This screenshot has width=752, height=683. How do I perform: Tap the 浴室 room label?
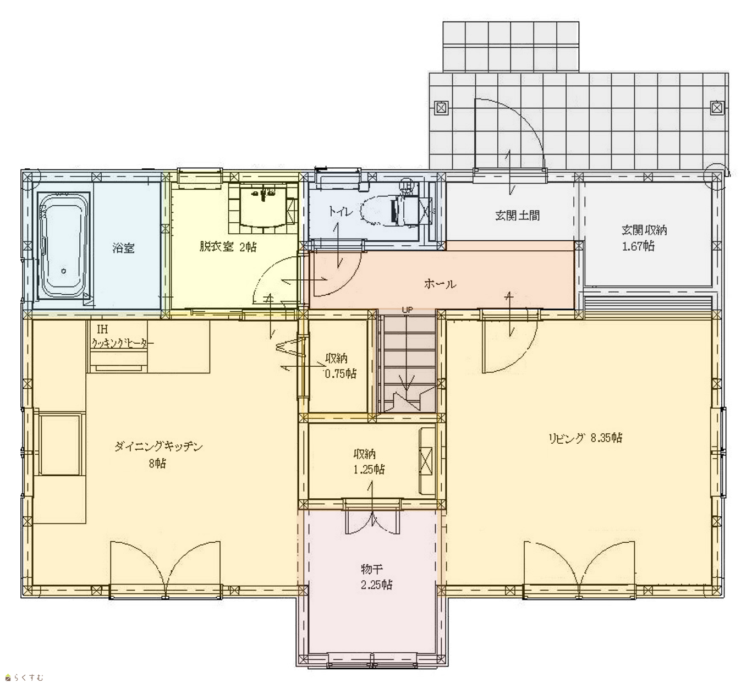coord(123,248)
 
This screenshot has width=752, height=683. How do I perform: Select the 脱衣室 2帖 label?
coord(228,247)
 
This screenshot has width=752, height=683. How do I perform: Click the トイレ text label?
coord(341,212)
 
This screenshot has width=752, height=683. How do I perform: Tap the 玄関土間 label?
coord(517,216)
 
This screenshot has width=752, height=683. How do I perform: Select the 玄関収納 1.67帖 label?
coord(644,238)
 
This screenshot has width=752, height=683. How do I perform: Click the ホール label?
coord(440,284)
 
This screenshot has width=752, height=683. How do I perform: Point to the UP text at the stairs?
coord(408,310)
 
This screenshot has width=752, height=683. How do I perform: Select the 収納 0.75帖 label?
coord(340,366)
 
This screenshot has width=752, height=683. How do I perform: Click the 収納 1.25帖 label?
coord(369,461)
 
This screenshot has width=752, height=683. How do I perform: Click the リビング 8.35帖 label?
coord(585,438)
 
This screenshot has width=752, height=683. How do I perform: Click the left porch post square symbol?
coord(441,108)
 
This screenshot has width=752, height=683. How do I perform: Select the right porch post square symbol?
coord(717,108)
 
